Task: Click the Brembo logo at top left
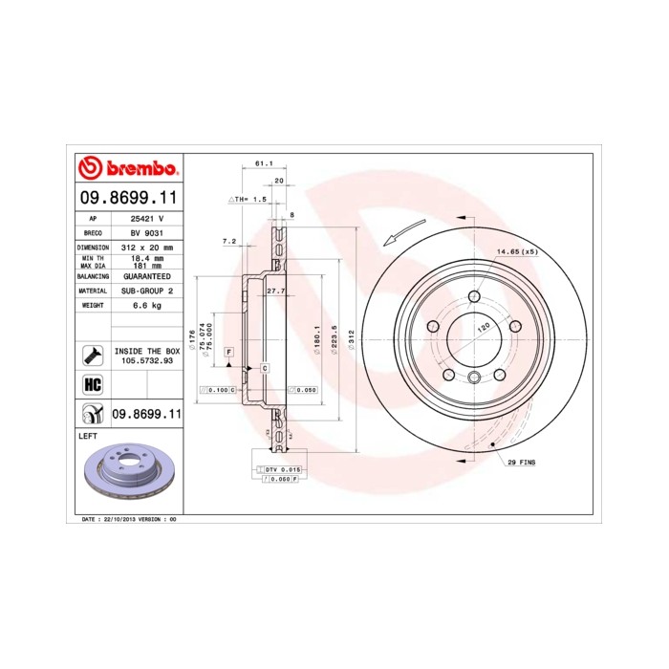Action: coord(127,169)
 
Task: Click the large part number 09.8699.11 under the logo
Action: coord(127,198)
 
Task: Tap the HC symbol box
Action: coord(93,385)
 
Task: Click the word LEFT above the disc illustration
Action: coord(88,435)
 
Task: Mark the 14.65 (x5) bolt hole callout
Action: coord(517,251)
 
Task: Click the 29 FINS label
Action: coord(521,462)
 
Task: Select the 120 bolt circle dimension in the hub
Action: coord(484,326)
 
